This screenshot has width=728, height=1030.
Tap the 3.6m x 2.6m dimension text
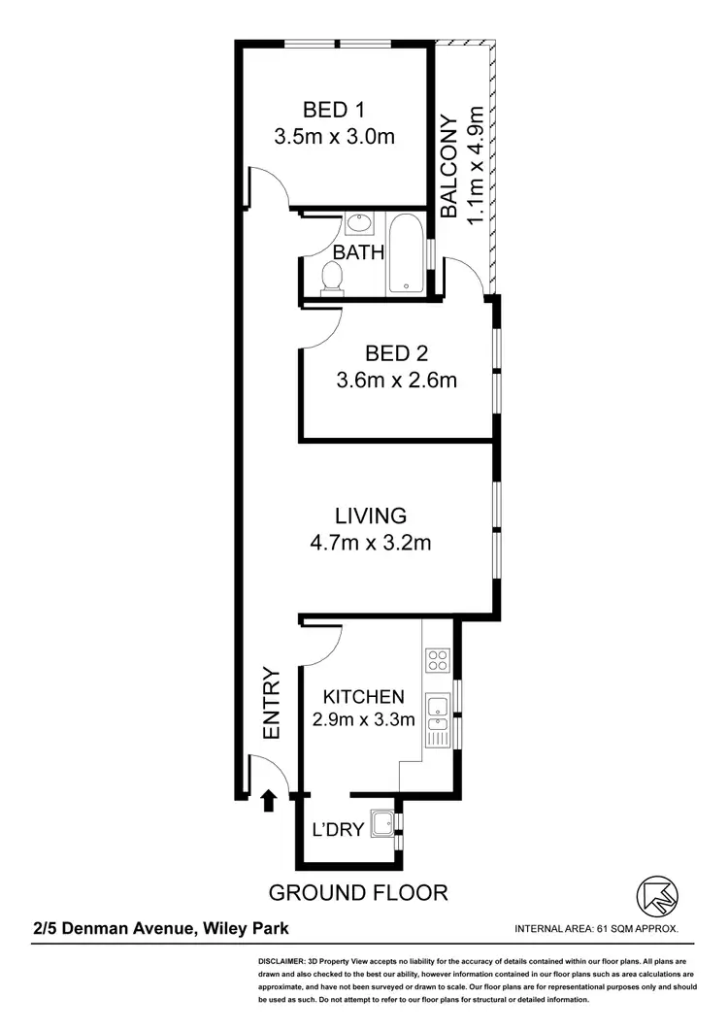click(395, 381)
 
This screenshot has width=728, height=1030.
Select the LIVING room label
click(371, 515)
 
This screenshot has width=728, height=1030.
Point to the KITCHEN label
click(363, 696)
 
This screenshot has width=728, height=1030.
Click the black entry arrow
click(269, 799)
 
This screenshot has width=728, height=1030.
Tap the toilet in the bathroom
click(332, 278)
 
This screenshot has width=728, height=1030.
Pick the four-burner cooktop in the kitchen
click(438, 661)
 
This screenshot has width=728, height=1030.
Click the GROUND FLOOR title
click(357, 892)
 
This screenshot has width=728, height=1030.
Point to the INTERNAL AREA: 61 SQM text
click(596, 929)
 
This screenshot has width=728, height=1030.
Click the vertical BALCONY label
click(448, 166)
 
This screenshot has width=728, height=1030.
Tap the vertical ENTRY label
click(271, 704)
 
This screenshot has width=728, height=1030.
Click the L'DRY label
click(337, 830)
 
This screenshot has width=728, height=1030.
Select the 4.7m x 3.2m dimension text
click(370, 543)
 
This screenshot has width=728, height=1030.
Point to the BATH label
click(358, 252)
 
